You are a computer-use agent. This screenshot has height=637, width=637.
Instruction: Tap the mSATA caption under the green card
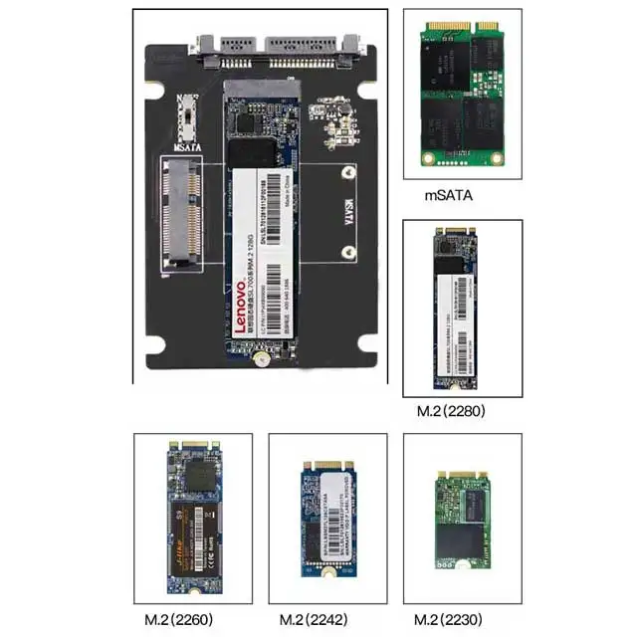(x=448, y=197)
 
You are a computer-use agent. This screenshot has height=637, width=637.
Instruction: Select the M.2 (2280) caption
(x=450, y=411)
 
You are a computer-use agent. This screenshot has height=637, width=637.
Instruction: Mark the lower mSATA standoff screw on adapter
(x=346, y=252)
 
